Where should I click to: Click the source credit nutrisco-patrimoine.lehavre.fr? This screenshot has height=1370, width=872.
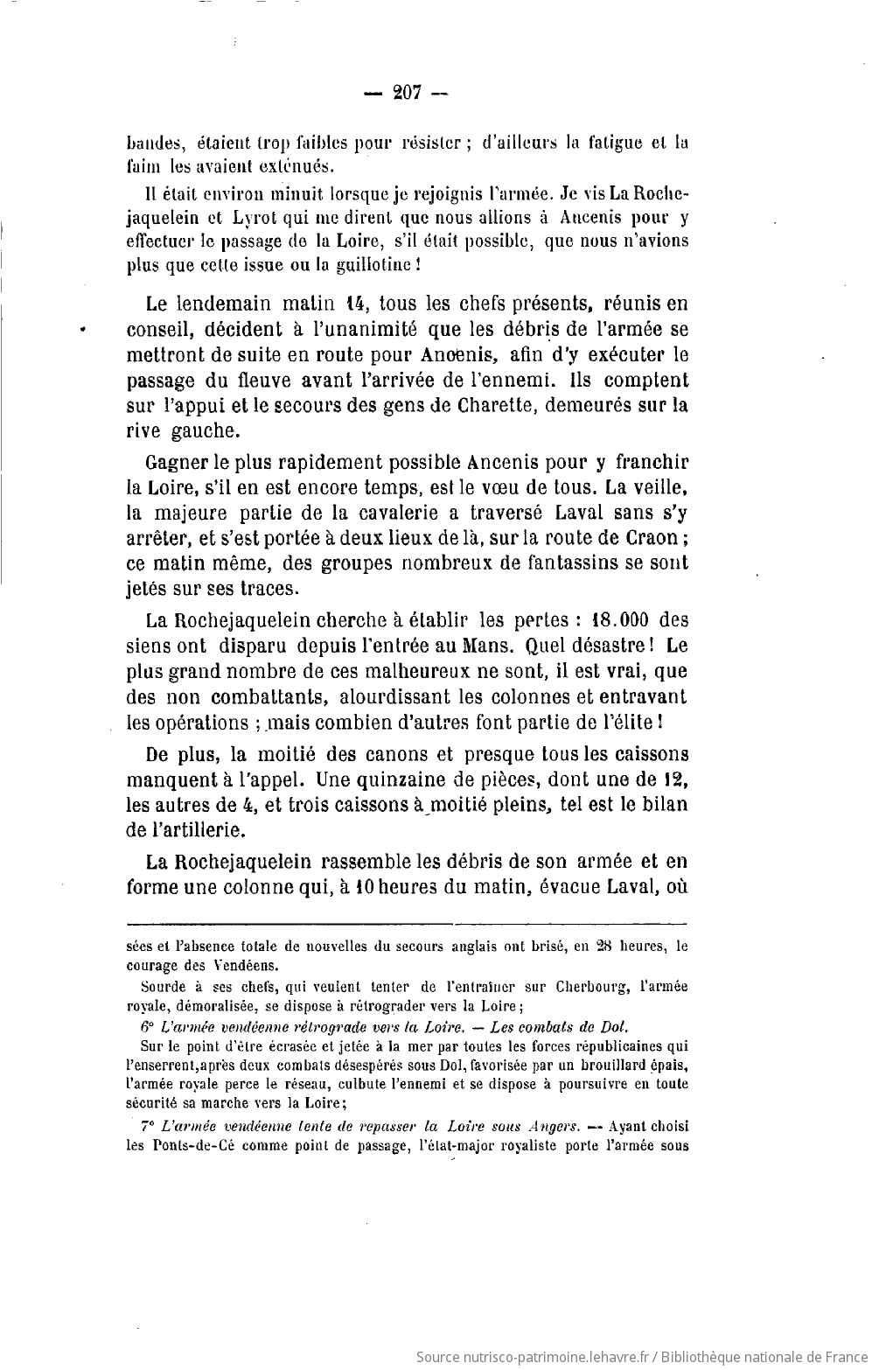coord(533,1357)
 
